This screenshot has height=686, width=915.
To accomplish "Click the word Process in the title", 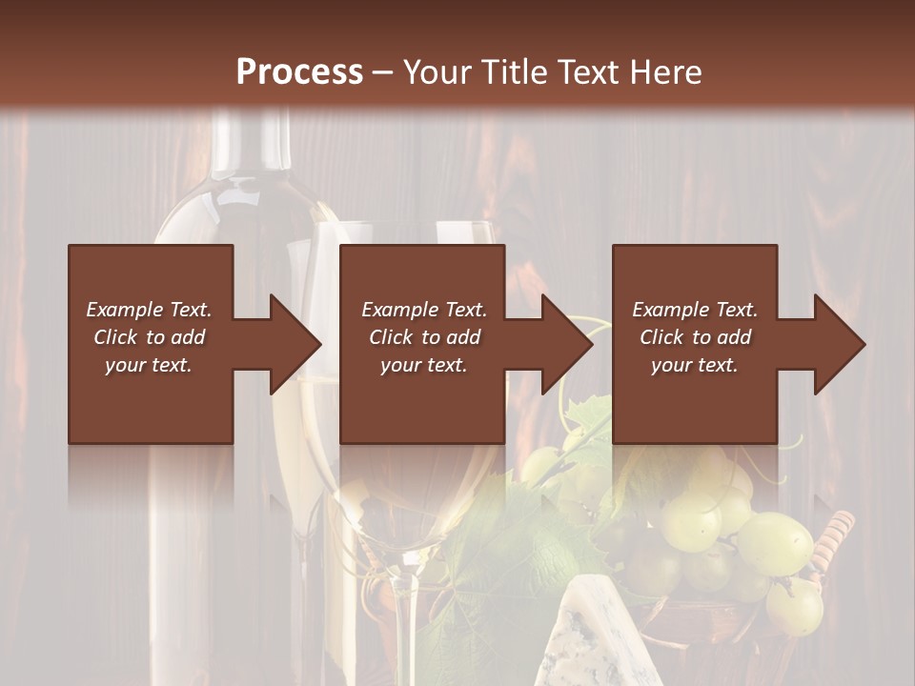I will (x=299, y=71).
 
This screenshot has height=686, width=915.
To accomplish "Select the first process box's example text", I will (x=150, y=337).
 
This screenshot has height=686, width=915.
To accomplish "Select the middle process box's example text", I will (x=423, y=337).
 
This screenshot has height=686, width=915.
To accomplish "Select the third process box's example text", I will (x=695, y=337).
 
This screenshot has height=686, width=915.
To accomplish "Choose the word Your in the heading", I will (x=436, y=71).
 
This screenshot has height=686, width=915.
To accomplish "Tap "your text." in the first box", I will (x=149, y=365).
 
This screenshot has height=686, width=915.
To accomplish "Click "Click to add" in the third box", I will (x=695, y=337).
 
